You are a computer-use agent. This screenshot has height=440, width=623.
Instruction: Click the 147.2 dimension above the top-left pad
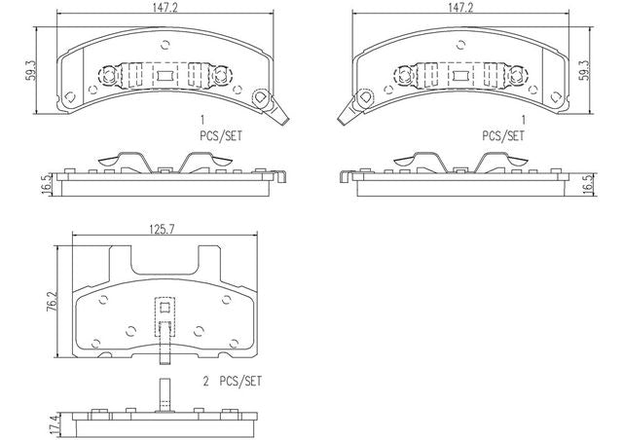coord(165,8)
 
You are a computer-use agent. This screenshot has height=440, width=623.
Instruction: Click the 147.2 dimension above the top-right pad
coord(460,8)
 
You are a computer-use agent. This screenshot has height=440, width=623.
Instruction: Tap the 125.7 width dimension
coord(163,230)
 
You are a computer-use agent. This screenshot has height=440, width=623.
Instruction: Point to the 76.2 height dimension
coord(53,302)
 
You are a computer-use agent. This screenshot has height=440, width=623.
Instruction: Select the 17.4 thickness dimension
coord(56,424)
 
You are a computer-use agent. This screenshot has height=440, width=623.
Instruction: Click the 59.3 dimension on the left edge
coord(30,71)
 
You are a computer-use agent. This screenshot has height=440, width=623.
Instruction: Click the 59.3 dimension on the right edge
coord(584,71)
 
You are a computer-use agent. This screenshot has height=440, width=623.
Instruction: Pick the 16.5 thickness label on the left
coord(47,184)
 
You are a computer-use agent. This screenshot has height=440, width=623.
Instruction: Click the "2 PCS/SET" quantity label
coord(233,382)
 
